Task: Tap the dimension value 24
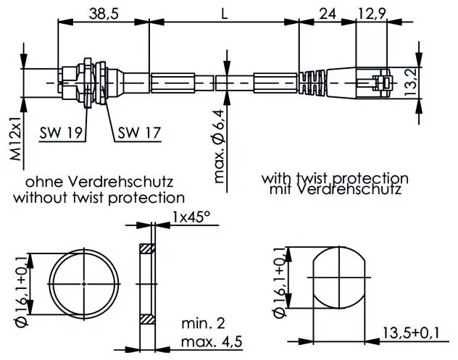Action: (328, 12)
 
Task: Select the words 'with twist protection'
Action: (335, 177)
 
